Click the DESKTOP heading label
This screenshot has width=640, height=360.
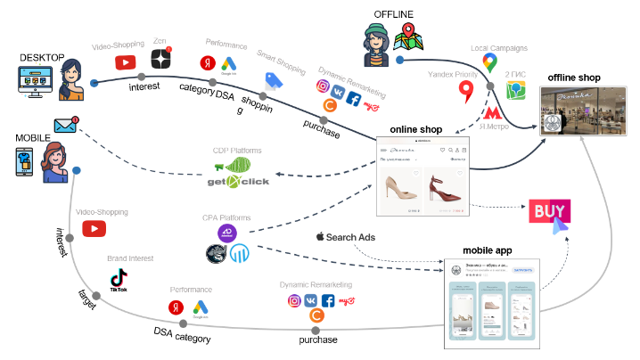[41, 58]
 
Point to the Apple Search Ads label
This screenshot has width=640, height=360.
[345, 237]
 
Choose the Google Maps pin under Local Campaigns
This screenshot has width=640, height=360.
[488, 61]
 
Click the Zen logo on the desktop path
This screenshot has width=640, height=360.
[161, 60]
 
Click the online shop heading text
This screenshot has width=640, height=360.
[416, 129]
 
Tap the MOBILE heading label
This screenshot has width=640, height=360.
[32, 138]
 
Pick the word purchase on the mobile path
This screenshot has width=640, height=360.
[318, 340]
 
